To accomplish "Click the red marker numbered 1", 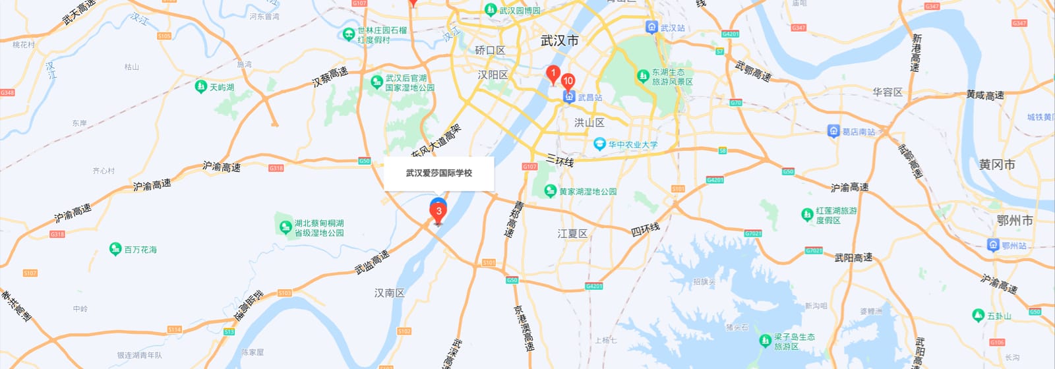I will (x=553, y=74).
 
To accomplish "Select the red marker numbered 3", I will (x=438, y=212).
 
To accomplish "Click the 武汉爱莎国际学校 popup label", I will (x=439, y=173).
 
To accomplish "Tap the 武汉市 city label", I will (x=559, y=41).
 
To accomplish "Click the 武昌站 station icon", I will (x=569, y=98).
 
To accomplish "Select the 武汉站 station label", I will (x=673, y=28).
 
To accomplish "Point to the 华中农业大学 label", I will (x=632, y=144).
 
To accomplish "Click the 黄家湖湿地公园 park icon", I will (x=551, y=191).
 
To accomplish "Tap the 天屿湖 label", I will (x=222, y=87).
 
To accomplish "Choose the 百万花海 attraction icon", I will (x=115, y=249).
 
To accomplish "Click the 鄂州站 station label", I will (x=1014, y=246).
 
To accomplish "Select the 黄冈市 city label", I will (x=996, y=165).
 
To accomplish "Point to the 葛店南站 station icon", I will (x=833, y=131).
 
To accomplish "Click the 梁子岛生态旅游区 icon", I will (x=766, y=341).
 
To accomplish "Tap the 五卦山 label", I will (x=999, y=316).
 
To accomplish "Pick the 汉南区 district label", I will (x=389, y=293).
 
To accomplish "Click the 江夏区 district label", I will (x=572, y=234).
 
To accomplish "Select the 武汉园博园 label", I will (x=520, y=11).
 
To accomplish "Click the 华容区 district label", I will (x=887, y=92).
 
